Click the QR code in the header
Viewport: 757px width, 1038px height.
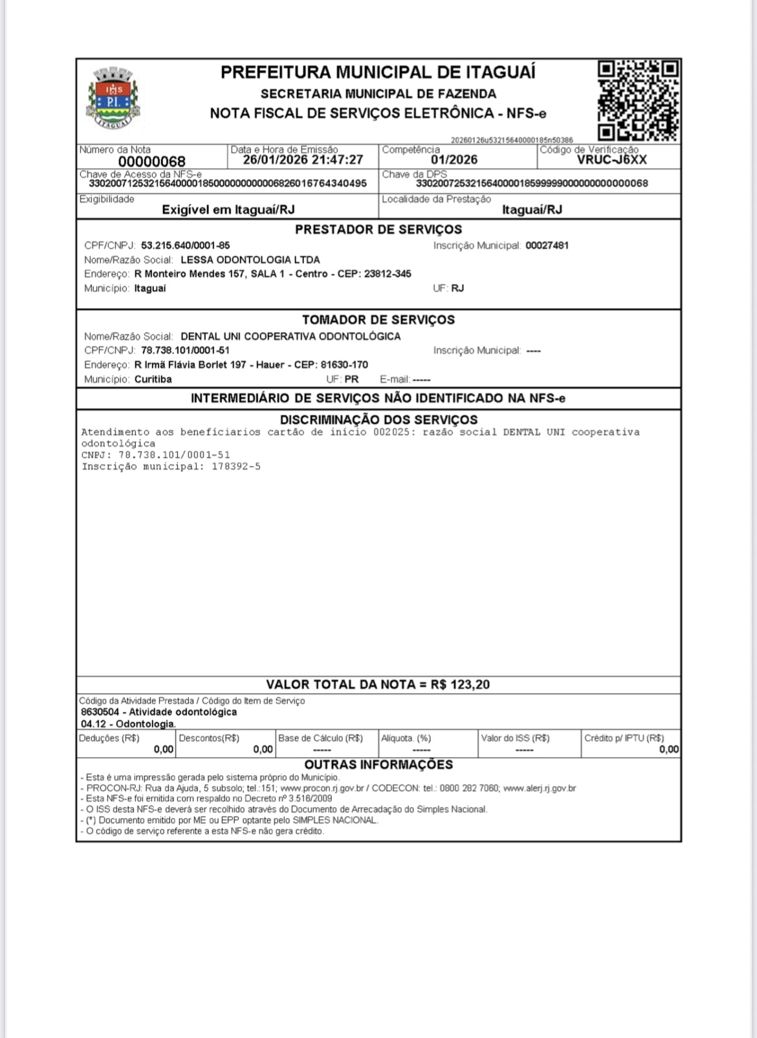[x=637, y=100]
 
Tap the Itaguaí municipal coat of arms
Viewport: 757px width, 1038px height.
[x=114, y=98]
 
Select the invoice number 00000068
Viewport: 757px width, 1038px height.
[x=151, y=161]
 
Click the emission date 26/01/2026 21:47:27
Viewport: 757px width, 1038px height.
[x=303, y=160]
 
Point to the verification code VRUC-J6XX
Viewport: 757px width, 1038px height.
[x=611, y=160]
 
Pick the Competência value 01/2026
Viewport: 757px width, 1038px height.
[x=454, y=160]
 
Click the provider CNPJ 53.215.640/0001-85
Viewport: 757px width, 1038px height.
[x=185, y=246]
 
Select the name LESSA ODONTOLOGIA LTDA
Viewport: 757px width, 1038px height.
[x=250, y=260]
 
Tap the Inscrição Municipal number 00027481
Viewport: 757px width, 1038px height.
[x=547, y=246]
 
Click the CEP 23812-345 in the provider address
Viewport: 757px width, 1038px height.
[x=388, y=274]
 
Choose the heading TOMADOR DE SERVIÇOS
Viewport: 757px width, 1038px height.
[x=378, y=320]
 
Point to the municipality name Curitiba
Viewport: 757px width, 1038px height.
[x=153, y=379]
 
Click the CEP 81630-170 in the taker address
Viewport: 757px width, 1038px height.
[x=344, y=365]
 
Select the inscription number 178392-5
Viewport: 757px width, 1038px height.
[x=236, y=467]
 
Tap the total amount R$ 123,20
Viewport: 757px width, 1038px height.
[x=460, y=685]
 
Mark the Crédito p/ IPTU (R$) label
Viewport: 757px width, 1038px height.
[x=624, y=738]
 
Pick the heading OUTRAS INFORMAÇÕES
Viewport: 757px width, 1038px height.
[x=378, y=765]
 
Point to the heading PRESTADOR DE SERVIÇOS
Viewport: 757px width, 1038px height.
[x=378, y=230]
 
